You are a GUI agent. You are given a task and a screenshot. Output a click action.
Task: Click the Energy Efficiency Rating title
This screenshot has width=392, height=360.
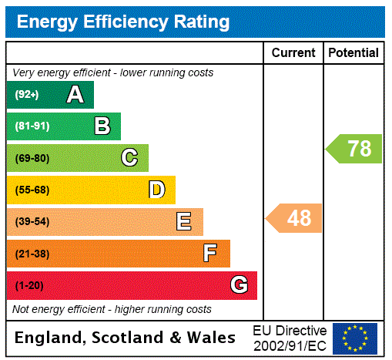(123, 22)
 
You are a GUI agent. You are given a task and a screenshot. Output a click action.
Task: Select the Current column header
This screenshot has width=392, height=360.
(293, 52)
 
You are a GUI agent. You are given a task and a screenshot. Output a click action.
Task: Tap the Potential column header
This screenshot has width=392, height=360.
(353, 52)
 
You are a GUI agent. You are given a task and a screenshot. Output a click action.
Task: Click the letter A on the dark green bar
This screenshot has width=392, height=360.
(75, 95)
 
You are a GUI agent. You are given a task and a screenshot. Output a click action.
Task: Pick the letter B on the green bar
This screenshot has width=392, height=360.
(102, 126)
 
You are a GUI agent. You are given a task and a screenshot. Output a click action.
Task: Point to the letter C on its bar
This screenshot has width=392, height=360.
(129, 158)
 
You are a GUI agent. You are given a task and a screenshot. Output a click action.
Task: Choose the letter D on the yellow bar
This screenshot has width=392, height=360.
(156, 190)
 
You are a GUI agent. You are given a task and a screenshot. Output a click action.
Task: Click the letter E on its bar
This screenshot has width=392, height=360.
(184, 222)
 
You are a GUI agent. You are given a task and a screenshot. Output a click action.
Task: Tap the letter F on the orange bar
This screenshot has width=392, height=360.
(210, 254)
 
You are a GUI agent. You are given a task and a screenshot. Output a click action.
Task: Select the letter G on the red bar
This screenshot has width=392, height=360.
(239, 285)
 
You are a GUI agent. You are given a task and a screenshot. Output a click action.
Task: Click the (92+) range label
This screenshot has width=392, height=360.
(27, 95)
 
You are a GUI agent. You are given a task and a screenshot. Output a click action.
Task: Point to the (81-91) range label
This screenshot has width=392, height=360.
(32, 126)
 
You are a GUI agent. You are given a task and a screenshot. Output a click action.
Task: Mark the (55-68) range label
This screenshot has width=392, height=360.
(32, 190)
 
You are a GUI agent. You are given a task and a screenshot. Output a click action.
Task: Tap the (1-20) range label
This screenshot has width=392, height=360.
(29, 285)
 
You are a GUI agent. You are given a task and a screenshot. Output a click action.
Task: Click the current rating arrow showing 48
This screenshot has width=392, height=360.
(295, 218)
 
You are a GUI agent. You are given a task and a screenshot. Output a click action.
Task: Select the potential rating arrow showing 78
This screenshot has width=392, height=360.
(354, 148)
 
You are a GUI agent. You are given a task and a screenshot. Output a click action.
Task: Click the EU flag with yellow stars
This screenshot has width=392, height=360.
(354, 338)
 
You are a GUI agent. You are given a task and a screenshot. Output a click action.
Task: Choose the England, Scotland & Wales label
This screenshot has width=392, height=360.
(126, 338)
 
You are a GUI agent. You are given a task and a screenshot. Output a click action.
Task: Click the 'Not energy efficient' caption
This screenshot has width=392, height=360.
(112, 309)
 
